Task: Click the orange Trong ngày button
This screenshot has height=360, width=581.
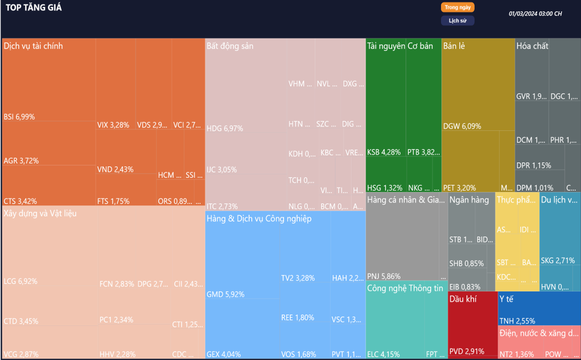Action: click(x=458, y=7)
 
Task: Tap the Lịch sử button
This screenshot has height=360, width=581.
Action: click(x=458, y=21)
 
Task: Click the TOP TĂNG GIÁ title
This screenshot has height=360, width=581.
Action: click(x=34, y=8)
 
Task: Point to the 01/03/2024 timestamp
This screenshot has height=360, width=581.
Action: click(x=535, y=14)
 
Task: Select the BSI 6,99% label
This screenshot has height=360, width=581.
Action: click(x=19, y=117)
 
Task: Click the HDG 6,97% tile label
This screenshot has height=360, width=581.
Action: click(x=225, y=129)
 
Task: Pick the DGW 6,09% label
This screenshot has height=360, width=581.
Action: click(x=462, y=126)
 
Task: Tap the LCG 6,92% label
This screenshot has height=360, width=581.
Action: click(x=21, y=281)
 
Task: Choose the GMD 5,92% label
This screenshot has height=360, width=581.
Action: click(x=225, y=294)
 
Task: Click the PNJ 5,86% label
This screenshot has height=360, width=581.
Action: click(x=384, y=276)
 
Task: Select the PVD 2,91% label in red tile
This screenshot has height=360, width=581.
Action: click(x=467, y=351)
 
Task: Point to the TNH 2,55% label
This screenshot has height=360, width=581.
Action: click(x=517, y=321)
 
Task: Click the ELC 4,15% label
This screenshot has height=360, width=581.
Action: click(x=383, y=354)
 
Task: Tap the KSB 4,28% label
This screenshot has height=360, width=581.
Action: click(x=384, y=152)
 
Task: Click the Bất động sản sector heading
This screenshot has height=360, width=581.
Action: click(x=230, y=46)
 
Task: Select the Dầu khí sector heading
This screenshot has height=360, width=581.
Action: click(x=464, y=299)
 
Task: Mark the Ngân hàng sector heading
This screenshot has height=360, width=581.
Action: click(x=469, y=200)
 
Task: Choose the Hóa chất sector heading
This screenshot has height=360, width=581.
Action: click(x=532, y=46)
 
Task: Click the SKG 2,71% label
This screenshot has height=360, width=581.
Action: click(x=558, y=261)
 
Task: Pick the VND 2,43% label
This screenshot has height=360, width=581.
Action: click(x=115, y=169)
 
